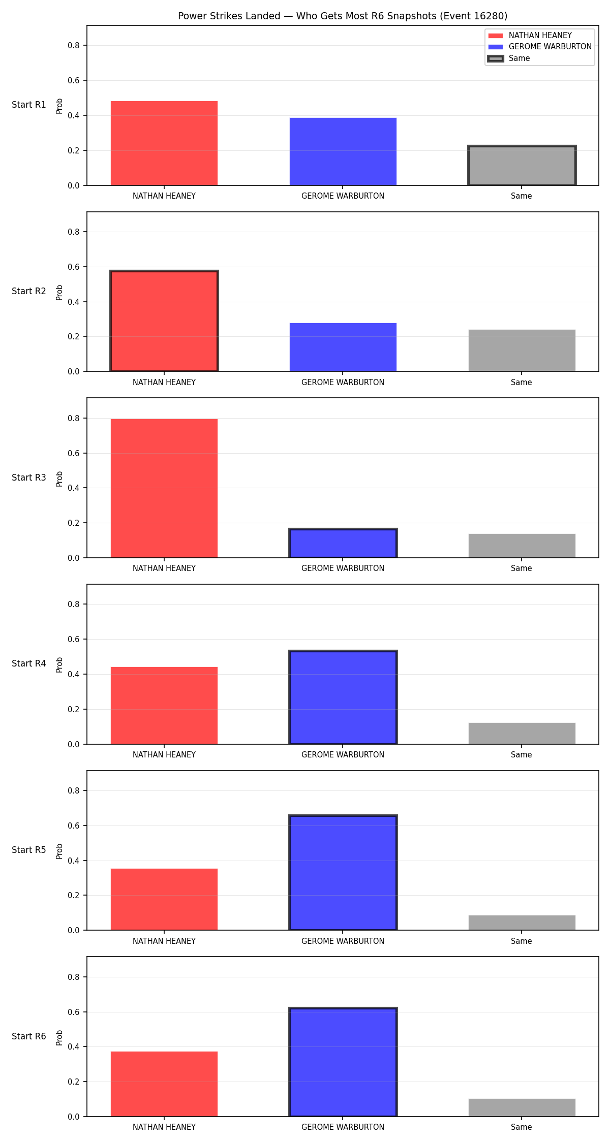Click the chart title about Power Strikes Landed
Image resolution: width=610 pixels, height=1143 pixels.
tap(343, 16)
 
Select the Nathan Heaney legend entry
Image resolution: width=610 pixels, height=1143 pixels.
tap(530, 36)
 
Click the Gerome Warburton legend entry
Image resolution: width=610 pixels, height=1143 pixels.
tap(540, 47)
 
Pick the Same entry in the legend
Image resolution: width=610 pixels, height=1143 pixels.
tap(509, 58)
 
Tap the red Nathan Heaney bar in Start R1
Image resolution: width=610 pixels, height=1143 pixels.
tap(164, 143)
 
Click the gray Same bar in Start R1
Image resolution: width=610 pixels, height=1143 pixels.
tap(522, 166)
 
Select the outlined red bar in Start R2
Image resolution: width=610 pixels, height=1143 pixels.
tap(164, 321)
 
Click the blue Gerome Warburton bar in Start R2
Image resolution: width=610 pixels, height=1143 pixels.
tap(343, 347)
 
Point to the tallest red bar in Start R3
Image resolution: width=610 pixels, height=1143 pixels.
tap(164, 488)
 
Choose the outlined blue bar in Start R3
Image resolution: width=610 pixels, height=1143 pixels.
tap(343, 543)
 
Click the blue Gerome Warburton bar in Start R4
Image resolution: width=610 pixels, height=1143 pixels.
tap(343, 697)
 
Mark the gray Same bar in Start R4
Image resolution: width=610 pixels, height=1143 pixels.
tap(522, 734)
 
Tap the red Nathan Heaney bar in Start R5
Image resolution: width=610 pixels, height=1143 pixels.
tap(164, 899)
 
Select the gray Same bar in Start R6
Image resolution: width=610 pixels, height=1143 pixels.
tap(522, 1107)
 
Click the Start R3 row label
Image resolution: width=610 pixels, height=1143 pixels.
tap(29, 478)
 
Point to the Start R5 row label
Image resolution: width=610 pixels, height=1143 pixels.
tap(29, 850)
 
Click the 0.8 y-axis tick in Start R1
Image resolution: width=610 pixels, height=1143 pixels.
tap(74, 45)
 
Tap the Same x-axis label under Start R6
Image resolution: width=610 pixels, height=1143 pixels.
tap(522, 1127)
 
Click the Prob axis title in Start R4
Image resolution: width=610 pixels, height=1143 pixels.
tap(59, 664)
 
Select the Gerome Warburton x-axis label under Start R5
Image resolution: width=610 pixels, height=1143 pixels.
tap(343, 941)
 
